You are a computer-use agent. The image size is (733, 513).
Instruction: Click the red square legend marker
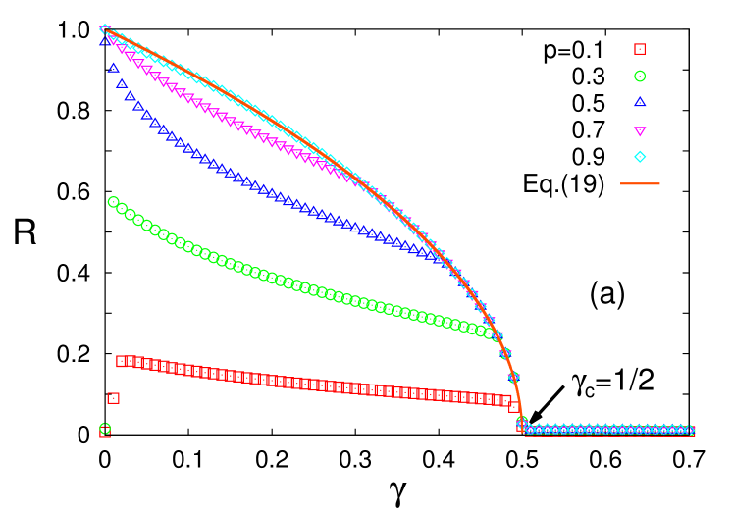click(640, 49)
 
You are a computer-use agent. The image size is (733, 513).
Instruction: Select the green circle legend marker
click(640, 76)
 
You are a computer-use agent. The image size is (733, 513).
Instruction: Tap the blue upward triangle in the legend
click(640, 102)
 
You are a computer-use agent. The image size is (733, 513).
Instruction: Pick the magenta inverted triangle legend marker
click(640, 130)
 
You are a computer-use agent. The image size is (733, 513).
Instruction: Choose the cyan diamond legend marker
click(640, 157)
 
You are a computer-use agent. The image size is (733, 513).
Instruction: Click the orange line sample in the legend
click(640, 183)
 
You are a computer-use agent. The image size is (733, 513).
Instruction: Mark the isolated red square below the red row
click(113, 398)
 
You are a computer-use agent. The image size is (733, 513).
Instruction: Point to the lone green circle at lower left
click(105, 428)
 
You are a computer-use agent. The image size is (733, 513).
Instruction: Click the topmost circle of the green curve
click(113, 202)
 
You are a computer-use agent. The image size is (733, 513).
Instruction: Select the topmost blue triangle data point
click(104, 41)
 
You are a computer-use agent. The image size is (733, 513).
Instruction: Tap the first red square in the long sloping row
click(122, 361)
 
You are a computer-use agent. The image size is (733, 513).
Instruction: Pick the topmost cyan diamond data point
click(105, 29)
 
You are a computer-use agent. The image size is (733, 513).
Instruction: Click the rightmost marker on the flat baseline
click(690, 431)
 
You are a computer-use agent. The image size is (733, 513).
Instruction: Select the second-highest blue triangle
click(113, 68)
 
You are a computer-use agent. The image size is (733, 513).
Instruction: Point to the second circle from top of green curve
click(121, 208)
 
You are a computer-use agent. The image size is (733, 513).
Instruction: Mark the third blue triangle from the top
click(122, 83)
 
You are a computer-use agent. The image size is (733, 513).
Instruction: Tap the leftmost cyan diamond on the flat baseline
click(530, 430)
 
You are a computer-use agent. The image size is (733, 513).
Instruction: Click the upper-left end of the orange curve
click(107, 31)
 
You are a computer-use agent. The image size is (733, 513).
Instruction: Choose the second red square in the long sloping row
click(130, 362)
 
